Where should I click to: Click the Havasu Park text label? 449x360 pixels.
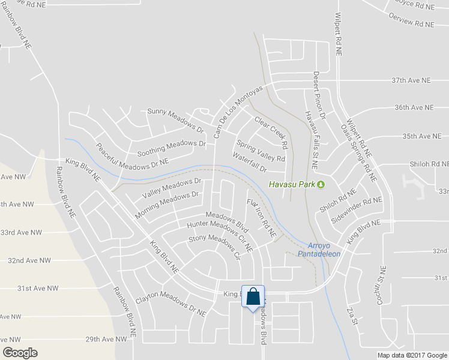[x=292, y=184]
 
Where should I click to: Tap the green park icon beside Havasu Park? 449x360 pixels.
[x=321, y=184]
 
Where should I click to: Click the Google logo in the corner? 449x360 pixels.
[x=20, y=353]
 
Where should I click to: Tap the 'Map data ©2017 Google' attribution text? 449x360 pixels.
[x=412, y=355]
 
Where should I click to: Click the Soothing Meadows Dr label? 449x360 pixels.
[x=171, y=148]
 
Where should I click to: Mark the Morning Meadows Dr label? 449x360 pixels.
[x=166, y=205]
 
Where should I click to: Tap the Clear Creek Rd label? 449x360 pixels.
[x=271, y=132]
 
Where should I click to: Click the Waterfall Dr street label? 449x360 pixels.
[x=250, y=163]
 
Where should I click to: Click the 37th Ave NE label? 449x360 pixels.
[x=411, y=80]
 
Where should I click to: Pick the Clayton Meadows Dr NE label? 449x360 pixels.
[x=170, y=305]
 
